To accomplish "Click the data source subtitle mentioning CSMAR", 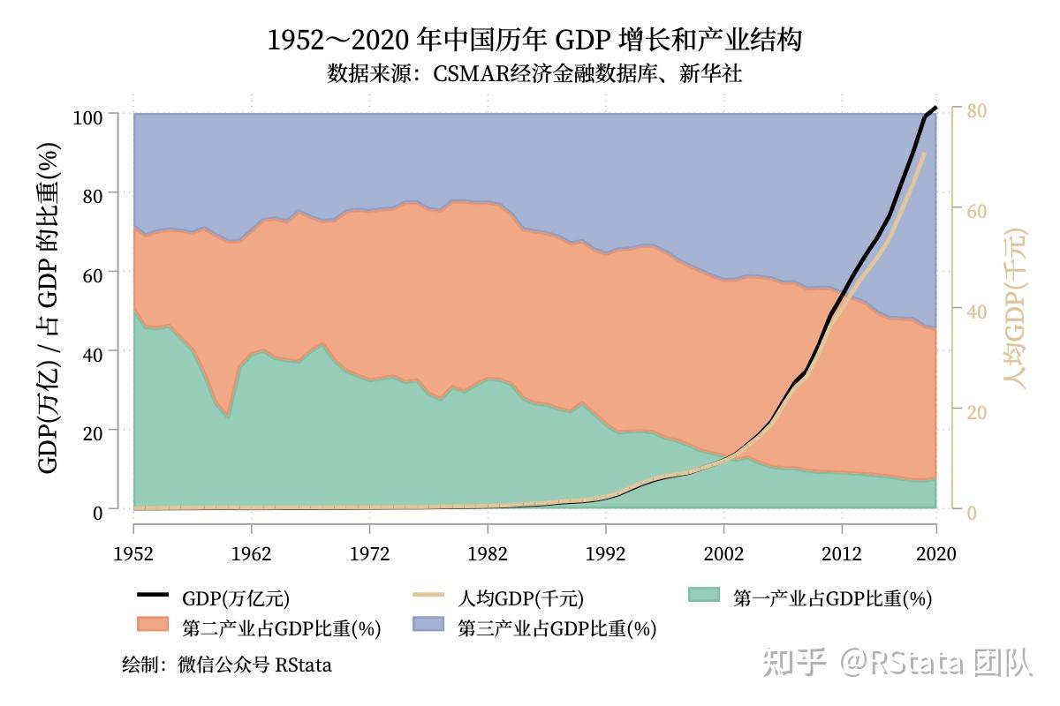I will pos(534,74).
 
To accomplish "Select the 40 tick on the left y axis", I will pos(94,351).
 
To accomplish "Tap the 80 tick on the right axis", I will pos(976,110).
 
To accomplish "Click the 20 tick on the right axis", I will pos(976,412).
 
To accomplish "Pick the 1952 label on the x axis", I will pos(133,554).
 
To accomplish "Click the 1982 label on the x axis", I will pos(488,554).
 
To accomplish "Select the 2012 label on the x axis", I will pos(842,554).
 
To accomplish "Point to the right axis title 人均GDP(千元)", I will pos(1017,309).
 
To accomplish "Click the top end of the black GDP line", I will pos(935,108).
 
